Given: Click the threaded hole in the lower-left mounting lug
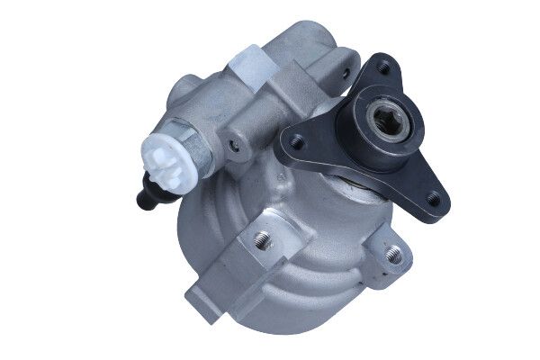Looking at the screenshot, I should click(x=262, y=238).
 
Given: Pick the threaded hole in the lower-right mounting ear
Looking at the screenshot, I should click(x=393, y=255).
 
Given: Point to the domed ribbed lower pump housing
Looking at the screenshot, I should click(x=297, y=270).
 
